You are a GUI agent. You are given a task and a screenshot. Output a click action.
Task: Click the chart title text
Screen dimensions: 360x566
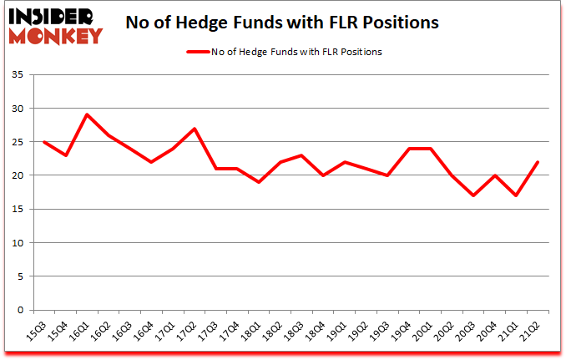click(x=282, y=23)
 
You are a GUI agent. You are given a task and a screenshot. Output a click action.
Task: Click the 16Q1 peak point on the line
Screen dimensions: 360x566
click(x=87, y=114)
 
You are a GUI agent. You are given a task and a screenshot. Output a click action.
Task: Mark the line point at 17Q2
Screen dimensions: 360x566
click(x=195, y=129)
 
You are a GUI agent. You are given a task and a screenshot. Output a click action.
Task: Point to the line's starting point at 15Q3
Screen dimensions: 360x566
click(x=43, y=142)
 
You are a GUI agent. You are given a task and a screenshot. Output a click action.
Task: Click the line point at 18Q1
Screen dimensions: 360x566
click(x=259, y=182)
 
